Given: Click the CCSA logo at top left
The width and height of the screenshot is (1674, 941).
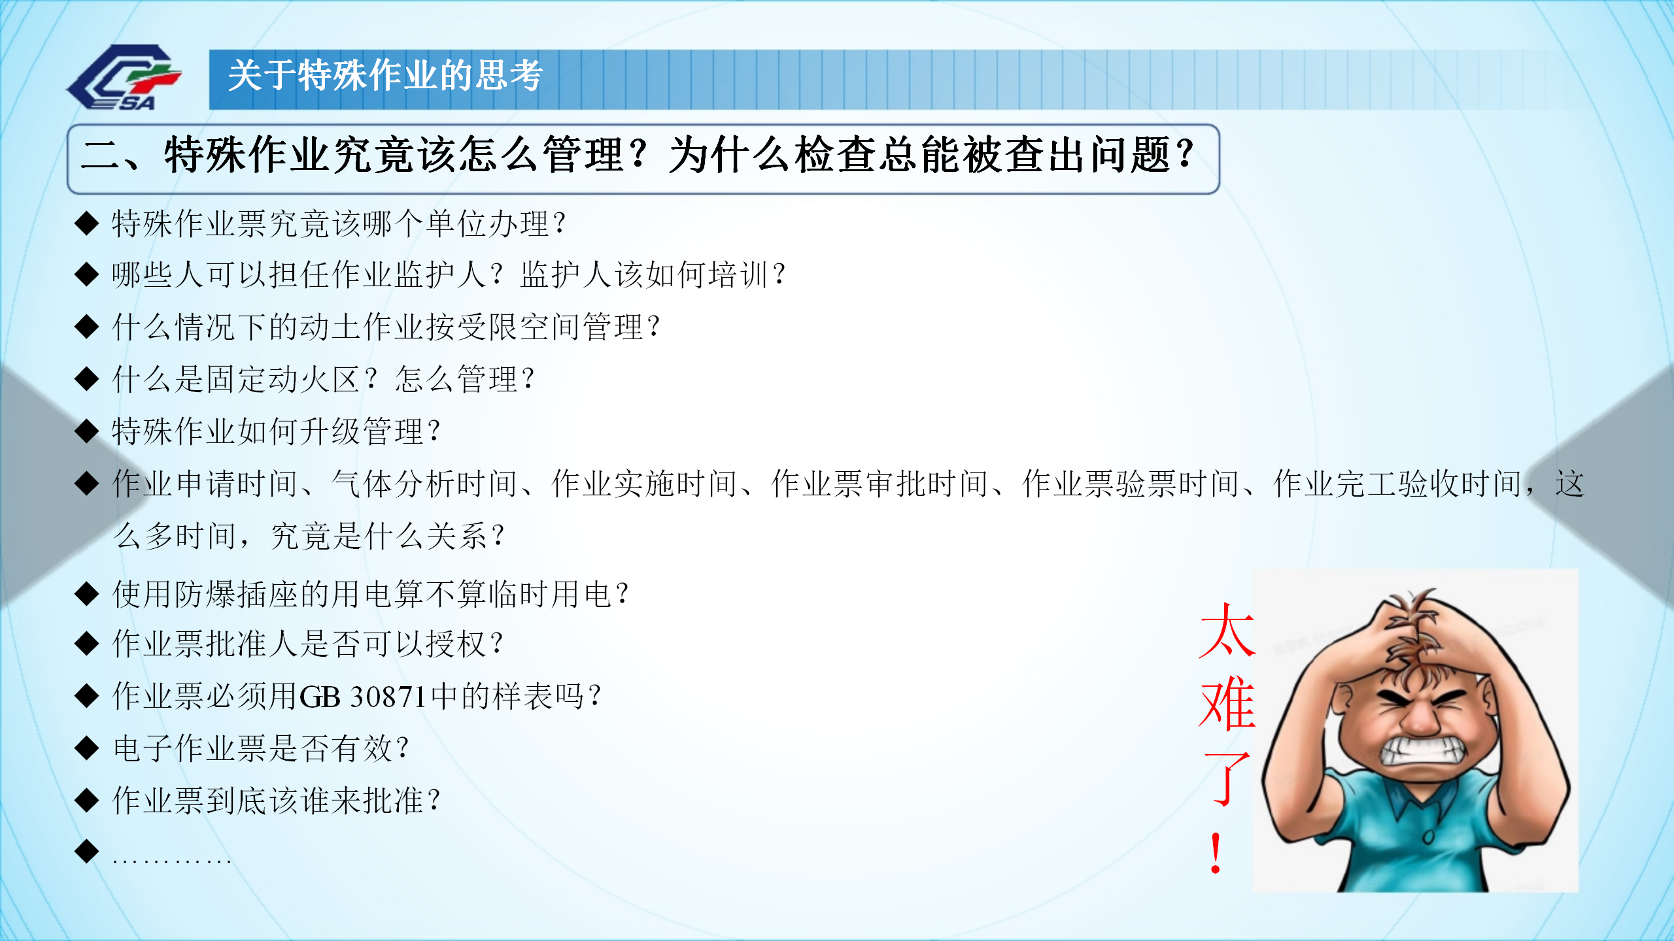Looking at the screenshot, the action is (x=124, y=77).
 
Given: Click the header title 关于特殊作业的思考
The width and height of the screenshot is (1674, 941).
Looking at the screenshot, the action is (x=386, y=76).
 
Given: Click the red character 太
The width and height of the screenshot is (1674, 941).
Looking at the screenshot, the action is (x=1227, y=630).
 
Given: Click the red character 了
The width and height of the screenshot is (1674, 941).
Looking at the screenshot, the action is (x=1227, y=778).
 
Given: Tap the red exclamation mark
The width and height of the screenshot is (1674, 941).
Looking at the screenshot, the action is (x=1216, y=853).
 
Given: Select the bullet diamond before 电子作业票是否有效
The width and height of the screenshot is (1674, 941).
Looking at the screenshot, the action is (x=86, y=748).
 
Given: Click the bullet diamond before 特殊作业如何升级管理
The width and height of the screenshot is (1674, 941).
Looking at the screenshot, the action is (x=86, y=431).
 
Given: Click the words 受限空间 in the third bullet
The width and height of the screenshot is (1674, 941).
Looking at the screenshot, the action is (x=519, y=327).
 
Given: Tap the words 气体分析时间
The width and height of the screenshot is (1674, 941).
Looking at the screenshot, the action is (x=425, y=484).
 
